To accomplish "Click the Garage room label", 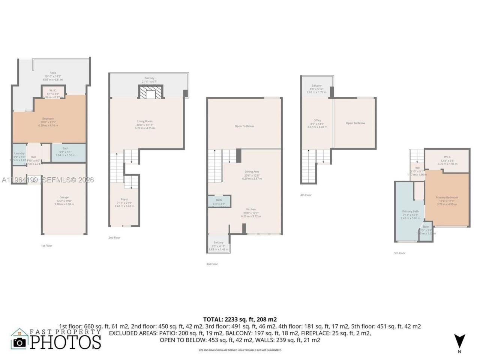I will tap(64, 198).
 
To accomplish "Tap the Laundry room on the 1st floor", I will tap(19, 154).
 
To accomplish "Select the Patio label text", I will tap(53, 73).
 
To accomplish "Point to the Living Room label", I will tap(145, 121).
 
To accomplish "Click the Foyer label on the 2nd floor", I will tap(124, 199).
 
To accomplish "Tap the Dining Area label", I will tap(252, 172).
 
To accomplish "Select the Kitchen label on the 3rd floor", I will tap(251, 209).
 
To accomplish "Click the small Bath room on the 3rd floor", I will tap(219, 201).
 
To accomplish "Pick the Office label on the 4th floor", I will tap(317, 120).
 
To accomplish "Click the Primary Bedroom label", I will tap(447, 198).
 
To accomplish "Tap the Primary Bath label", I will tap(410, 211).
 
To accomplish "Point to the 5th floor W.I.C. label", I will tap(447, 157).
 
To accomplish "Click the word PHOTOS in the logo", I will tap(66, 342).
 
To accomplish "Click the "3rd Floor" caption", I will tap(212, 264).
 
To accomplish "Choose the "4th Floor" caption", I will tap(306, 195).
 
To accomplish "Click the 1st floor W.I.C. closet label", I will tap(53, 90).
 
